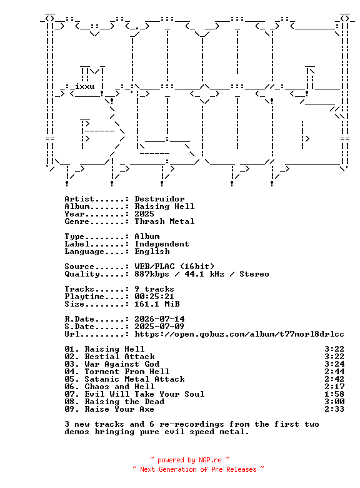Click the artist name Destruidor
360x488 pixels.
pyautogui.click(x=159, y=199)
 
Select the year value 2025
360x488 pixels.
pyautogui.click(x=144, y=214)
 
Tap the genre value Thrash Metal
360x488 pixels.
pyautogui.click(x=164, y=221)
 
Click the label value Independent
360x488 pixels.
pyautogui.click(x=162, y=244)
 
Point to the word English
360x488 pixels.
pyautogui.click(x=152, y=252)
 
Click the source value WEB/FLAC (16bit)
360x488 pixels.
pyautogui.click(x=174, y=267)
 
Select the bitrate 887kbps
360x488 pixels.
pyautogui.click(x=152, y=274)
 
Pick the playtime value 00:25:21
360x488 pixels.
pyautogui.click(x=154, y=297)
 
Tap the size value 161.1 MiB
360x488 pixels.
pyautogui.click(x=157, y=304)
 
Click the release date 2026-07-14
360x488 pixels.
pyautogui.click(x=159, y=319)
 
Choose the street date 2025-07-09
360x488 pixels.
pyautogui.click(x=159, y=327)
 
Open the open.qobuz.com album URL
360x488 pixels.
pyautogui.click(x=239, y=334)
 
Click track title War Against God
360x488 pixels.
pyautogui.click(x=122, y=364)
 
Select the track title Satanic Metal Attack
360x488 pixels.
pyautogui.click(x=134, y=379)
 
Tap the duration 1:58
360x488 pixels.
pyautogui.click(x=334, y=394)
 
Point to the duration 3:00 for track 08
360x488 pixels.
pyautogui.click(x=334, y=402)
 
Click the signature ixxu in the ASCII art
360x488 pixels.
pyautogui.click(x=85, y=86)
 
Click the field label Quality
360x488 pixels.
pyautogui.click(x=82, y=274)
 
